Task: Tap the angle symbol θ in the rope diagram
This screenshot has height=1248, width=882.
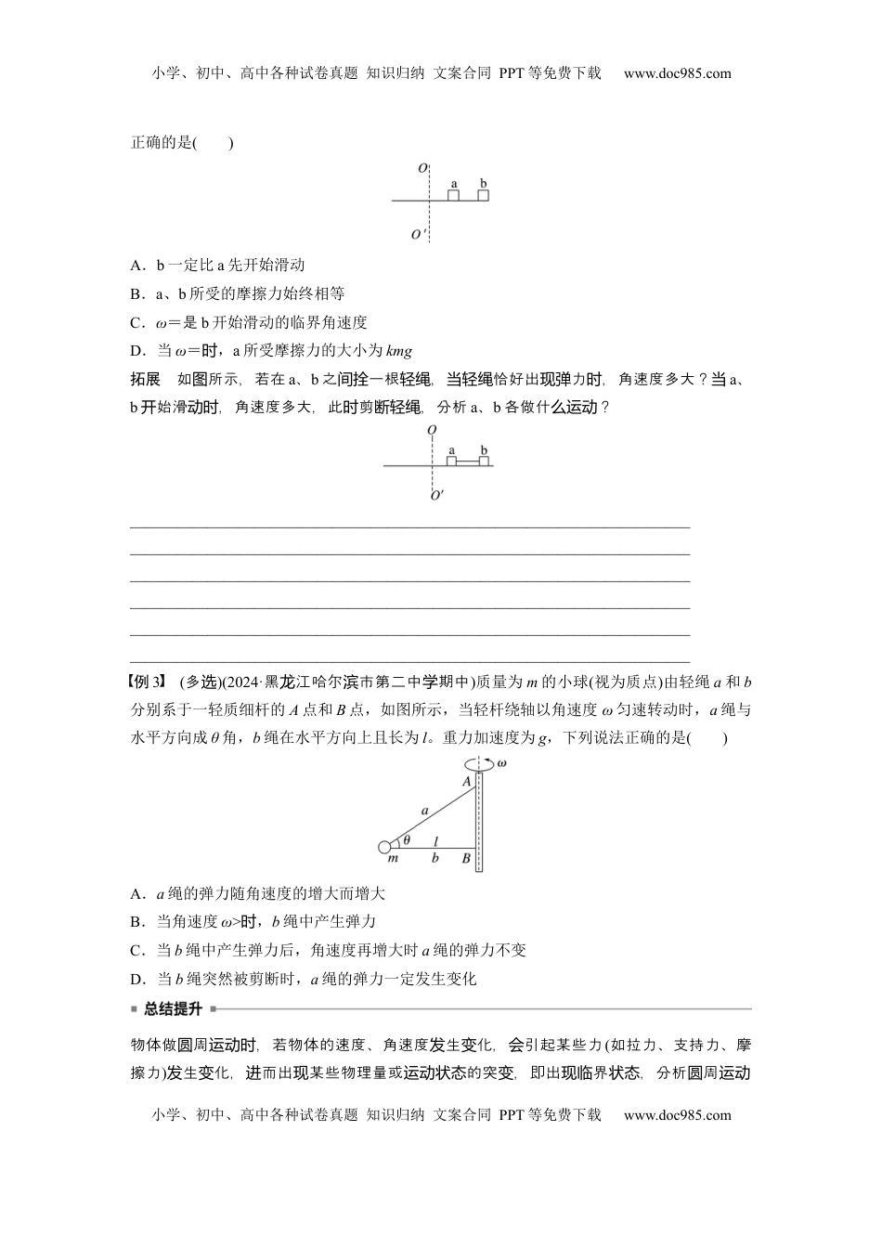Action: coord(407,840)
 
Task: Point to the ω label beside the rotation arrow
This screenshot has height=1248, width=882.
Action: coord(501,763)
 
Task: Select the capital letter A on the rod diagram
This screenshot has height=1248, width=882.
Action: coord(467,782)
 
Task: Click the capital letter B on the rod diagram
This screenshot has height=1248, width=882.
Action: coord(466,859)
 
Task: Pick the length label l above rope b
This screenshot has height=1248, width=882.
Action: coord(435,839)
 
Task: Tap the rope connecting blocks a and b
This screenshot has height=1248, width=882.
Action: coord(468,461)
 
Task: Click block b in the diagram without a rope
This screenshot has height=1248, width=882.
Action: coord(483,195)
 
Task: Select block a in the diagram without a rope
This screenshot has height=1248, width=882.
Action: coord(453,195)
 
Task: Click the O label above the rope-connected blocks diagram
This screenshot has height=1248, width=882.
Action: coord(433,431)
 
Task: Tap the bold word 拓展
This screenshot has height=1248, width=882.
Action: coord(146,379)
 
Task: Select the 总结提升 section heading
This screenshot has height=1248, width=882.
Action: coord(173,1008)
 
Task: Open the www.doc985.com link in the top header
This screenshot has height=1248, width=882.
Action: coord(677,73)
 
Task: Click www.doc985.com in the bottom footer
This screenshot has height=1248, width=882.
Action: coord(677,1114)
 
